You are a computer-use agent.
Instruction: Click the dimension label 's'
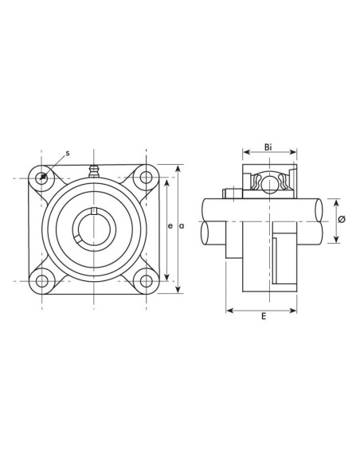tap(67, 152)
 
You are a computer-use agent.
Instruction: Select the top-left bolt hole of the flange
tap(42, 178)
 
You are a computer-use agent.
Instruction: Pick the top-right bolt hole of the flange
tap(146, 178)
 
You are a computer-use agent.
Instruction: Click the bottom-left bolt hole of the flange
tap(42, 279)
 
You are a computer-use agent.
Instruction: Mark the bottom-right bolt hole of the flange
tap(146, 279)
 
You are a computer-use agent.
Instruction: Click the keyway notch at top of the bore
tap(94, 211)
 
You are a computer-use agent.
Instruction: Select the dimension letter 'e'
tap(170, 227)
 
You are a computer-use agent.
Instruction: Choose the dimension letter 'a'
tap(182, 227)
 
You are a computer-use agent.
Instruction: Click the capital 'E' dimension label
tap(264, 316)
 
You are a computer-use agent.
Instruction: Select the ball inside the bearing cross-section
tap(269, 184)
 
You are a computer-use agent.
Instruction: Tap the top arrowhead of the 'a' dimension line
tap(178, 167)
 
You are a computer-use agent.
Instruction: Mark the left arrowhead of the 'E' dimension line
tap(229, 309)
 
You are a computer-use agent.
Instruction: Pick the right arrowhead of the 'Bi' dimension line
tap(295, 154)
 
